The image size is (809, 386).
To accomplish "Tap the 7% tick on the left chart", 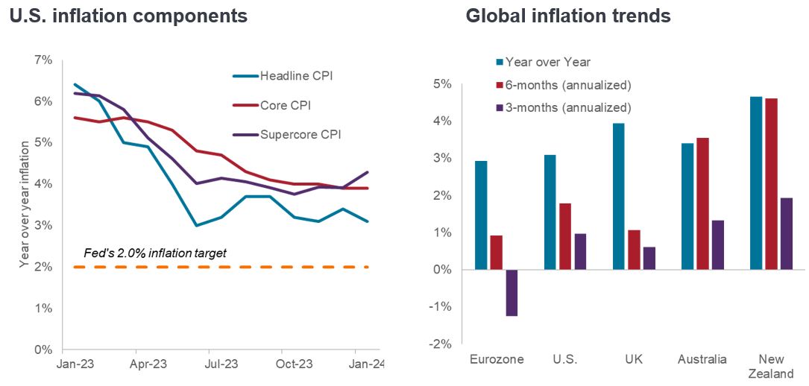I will click(43, 60).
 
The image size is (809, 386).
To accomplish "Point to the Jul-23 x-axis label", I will click(221, 365).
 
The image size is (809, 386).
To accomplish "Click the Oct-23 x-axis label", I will click(293, 365).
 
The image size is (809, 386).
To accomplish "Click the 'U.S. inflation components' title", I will click(128, 16).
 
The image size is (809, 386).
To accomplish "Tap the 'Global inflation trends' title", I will click(568, 16).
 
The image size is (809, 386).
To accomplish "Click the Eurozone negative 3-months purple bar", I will click(511, 293).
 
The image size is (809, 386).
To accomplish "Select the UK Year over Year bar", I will click(618, 197).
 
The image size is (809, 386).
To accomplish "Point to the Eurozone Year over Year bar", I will click(481, 215).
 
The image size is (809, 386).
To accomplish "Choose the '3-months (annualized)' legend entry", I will click(568, 107).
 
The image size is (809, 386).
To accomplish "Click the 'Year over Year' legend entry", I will click(548, 62).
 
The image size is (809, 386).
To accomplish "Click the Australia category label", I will click(702, 359).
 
